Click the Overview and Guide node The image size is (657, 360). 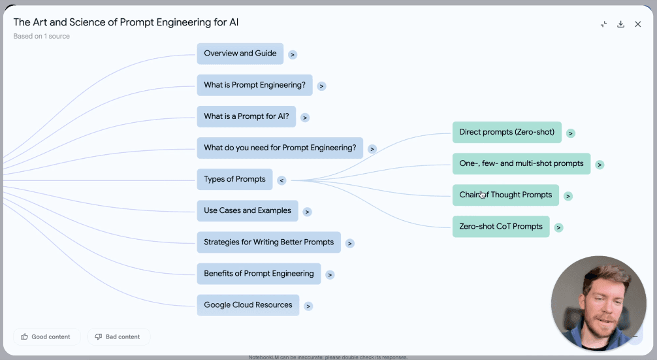tap(240, 54)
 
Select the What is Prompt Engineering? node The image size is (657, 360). tap(255, 85)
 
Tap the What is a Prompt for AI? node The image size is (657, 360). tap(246, 116)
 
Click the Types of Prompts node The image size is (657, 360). tap(234, 179)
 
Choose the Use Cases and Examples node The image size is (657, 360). tap(248, 210)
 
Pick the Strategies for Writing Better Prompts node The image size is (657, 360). tap(268, 242)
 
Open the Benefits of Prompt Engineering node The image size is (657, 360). tap(259, 274)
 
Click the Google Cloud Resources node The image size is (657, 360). tap(248, 305)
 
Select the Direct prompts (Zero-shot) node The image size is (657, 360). tap(506, 132)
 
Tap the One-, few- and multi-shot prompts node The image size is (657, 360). tap(521, 163)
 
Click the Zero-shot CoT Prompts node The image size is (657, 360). tap(501, 227)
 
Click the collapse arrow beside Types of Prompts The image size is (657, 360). tap(281, 180)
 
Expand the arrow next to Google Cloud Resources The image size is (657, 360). tap(308, 306)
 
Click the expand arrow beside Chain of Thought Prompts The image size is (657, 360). tap(568, 196)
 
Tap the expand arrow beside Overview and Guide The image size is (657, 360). tap(293, 55)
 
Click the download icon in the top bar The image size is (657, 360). tap(621, 24)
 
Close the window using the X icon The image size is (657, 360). tap(638, 24)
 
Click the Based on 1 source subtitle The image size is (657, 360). tap(41, 36)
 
